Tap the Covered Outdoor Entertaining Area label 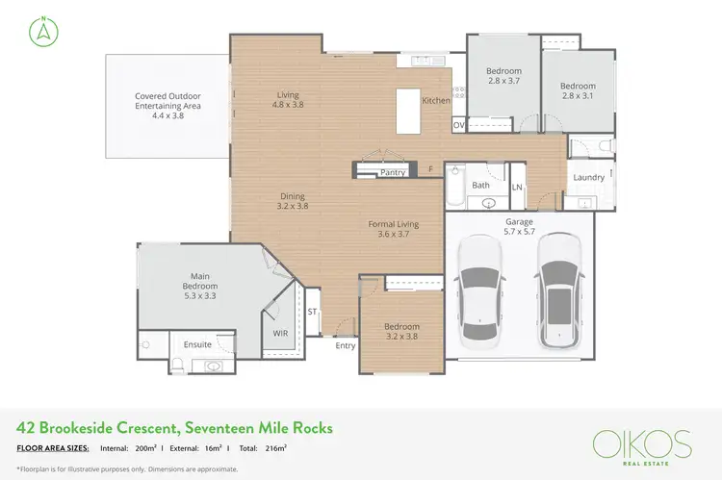coord(168,101)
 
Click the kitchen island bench coord(407,110)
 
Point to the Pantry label coord(393,172)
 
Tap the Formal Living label coord(395,229)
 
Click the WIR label coord(281,333)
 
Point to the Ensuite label coord(198,343)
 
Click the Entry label coord(345,345)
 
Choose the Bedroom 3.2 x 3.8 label coord(402,331)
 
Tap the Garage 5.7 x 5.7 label coord(520,227)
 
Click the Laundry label coord(588,178)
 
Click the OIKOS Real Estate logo coord(642,446)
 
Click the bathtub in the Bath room coord(455,189)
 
